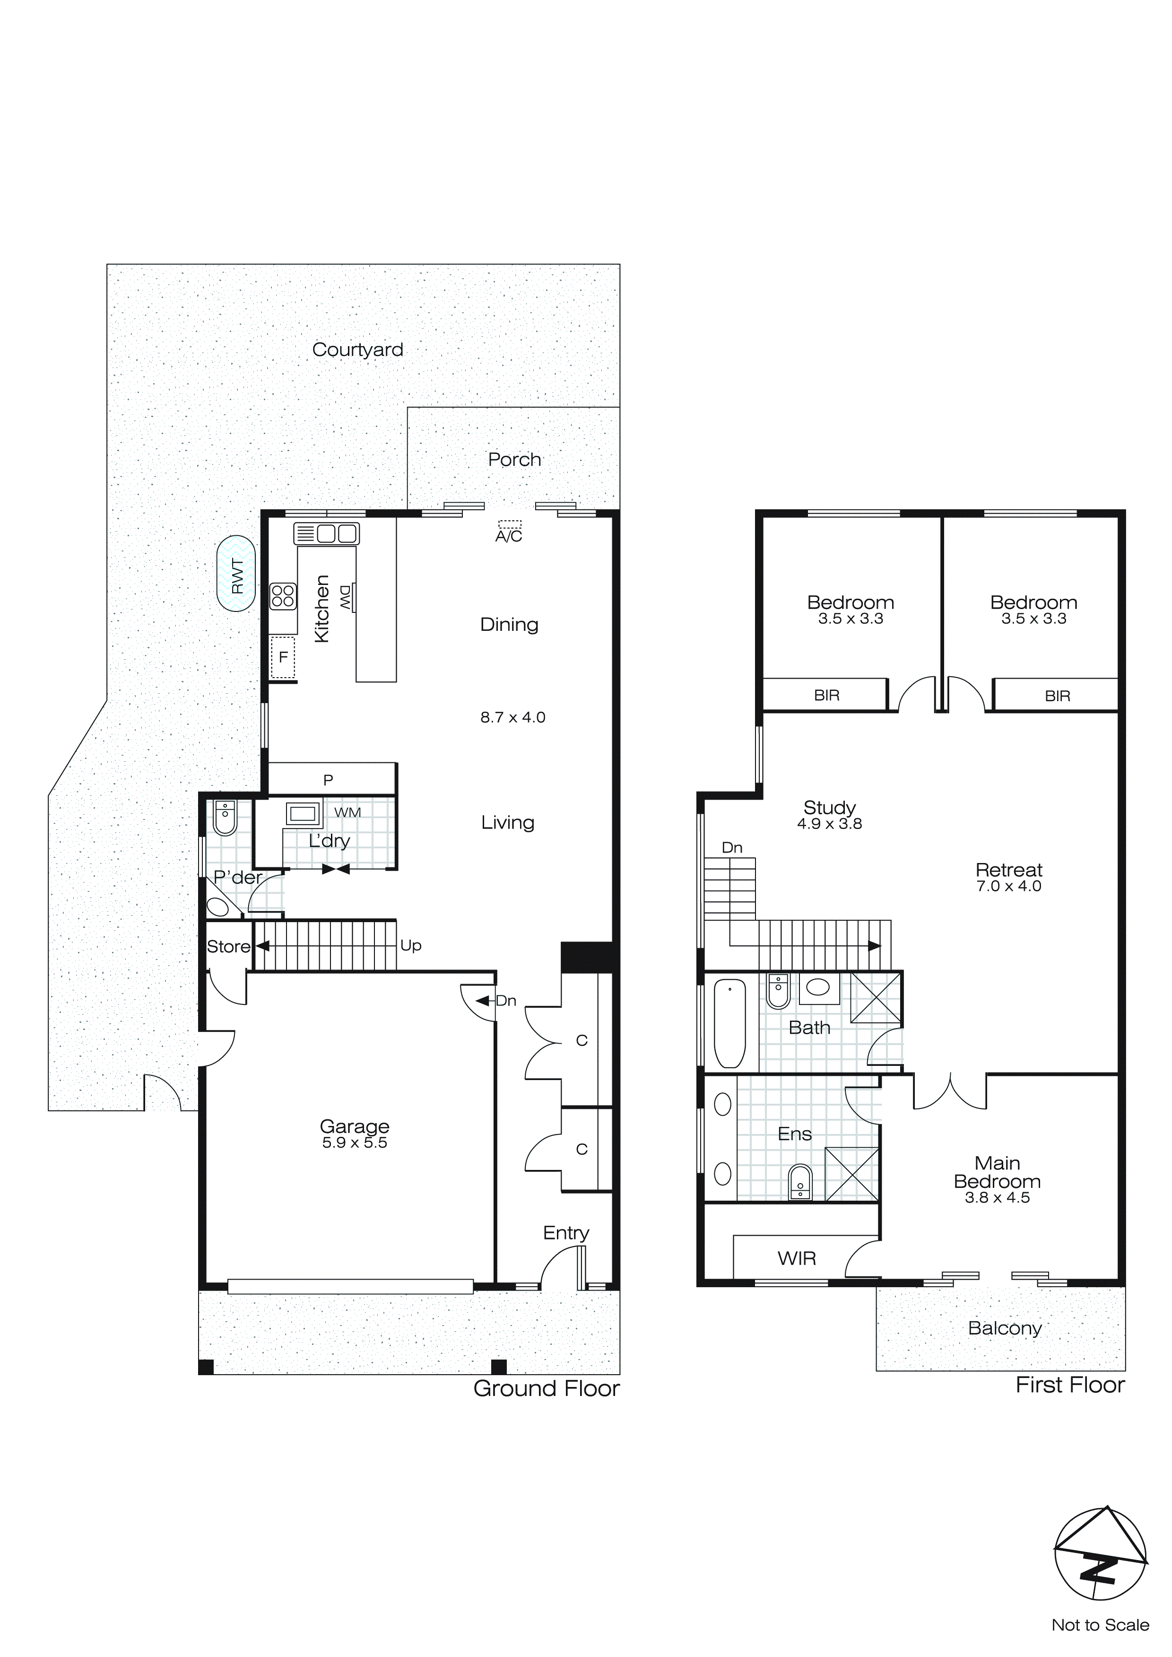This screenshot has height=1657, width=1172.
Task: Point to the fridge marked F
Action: [283, 657]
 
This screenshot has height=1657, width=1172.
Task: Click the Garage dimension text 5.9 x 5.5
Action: [355, 1142]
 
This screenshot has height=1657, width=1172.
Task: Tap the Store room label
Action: [228, 946]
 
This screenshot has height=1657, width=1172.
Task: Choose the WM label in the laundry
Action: [347, 812]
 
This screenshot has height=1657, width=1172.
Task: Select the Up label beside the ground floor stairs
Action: [411, 945]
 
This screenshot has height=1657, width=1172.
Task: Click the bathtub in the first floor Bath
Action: [729, 1023]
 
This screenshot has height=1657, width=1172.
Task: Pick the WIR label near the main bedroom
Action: [797, 1259]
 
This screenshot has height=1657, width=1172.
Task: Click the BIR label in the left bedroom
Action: [826, 695]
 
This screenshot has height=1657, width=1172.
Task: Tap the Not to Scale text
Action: [1100, 1625]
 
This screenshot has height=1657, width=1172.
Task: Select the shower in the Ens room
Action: [851, 1175]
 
